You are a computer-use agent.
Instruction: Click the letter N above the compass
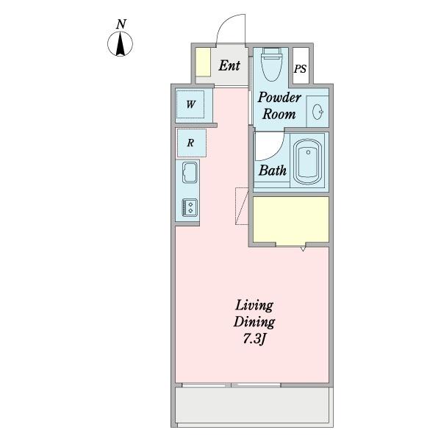click(x=121, y=24)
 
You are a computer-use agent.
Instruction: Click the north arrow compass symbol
click(x=121, y=44)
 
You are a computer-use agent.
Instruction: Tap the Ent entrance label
click(x=229, y=65)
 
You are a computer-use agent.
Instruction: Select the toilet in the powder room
click(x=271, y=64)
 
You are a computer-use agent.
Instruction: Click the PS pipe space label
click(x=300, y=68)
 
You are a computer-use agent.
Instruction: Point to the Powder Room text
click(x=279, y=106)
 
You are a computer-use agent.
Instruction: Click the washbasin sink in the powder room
click(x=318, y=112)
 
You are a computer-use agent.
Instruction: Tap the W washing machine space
click(x=190, y=104)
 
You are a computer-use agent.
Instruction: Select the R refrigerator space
click(x=191, y=143)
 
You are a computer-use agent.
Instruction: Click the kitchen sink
click(x=190, y=173)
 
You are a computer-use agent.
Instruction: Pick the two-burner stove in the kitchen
click(x=190, y=207)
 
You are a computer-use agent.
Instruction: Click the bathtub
click(x=308, y=162)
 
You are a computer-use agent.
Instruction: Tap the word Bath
click(x=273, y=171)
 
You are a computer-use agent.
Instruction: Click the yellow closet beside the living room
click(x=291, y=219)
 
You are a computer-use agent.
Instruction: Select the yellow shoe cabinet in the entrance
click(x=203, y=62)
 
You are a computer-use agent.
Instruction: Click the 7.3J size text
click(x=254, y=339)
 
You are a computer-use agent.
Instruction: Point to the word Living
click(x=254, y=306)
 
